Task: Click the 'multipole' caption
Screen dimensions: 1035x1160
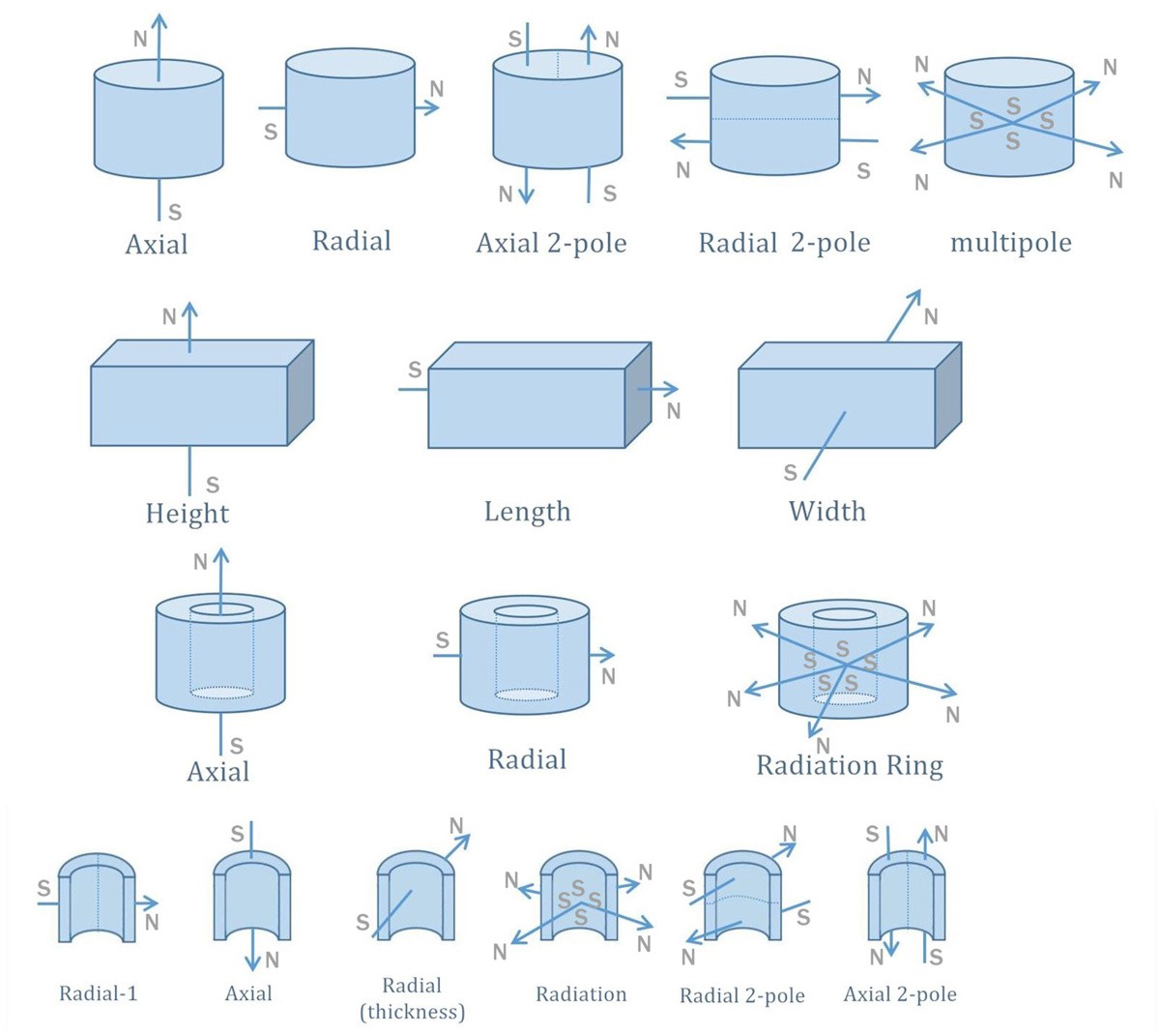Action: (1010, 241)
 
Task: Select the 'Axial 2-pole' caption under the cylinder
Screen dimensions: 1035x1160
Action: (551, 243)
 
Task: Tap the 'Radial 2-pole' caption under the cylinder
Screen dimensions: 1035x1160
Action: (784, 242)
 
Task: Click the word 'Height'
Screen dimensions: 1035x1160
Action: (187, 513)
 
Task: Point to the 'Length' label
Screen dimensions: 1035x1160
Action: (527, 511)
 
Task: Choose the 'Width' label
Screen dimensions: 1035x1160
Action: (826, 511)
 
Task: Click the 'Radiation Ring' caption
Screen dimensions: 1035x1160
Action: (849, 765)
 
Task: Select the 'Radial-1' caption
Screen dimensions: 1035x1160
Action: (99, 993)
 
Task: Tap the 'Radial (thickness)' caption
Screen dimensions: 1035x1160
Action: (412, 998)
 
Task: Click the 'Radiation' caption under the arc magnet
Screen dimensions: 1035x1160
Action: (581, 993)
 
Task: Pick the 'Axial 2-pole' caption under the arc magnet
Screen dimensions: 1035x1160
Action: (900, 993)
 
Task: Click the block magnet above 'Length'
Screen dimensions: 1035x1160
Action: (527, 406)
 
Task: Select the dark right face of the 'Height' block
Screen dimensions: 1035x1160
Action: (302, 392)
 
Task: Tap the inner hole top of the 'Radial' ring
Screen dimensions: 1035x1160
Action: (526, 611)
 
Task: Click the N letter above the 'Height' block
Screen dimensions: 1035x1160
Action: (169, 316)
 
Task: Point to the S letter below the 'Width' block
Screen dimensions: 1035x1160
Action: (791, 473)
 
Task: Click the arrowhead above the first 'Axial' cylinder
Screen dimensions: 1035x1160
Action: (159, 21)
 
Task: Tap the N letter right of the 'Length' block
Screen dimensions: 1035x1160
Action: (674, 411)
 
